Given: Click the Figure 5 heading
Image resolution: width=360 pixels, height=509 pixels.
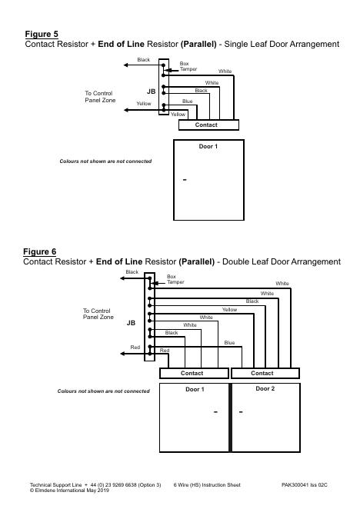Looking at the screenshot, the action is [42, 35].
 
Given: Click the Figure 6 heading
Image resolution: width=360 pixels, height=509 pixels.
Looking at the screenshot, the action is [40, 252].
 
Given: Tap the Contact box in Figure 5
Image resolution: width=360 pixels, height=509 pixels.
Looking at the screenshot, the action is [208, 125].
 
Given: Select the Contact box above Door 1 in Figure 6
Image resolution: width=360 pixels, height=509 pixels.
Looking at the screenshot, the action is [194, 374].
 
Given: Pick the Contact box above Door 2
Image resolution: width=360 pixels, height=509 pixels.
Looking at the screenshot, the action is [265, 374].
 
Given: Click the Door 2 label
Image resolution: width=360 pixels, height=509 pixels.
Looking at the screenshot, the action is [265, 388].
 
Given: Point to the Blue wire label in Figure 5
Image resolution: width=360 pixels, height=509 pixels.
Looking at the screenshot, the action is [188, 101].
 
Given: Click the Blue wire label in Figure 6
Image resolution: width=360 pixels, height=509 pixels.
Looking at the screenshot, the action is [229, 342].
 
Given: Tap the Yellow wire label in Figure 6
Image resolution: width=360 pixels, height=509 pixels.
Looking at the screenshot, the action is [229, 310].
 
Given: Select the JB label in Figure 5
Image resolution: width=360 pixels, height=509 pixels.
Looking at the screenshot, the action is [151, 91].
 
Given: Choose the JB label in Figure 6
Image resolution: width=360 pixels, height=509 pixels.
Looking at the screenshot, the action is [131, 323].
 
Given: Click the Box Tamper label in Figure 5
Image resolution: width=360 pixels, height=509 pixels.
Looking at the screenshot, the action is [188, 66].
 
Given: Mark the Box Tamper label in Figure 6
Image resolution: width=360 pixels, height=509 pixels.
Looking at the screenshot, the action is [175, 279].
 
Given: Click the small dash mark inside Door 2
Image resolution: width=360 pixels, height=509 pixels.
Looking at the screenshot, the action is [241, 412].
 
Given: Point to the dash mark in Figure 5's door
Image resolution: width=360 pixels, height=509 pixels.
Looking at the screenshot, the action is [185, 180].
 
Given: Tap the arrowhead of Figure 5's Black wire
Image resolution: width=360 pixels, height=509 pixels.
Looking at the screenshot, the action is [125, 65].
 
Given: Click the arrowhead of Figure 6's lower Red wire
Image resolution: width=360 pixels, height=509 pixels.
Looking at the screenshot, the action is [122, 354].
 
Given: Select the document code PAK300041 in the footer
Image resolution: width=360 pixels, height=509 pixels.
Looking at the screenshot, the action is [295, 485].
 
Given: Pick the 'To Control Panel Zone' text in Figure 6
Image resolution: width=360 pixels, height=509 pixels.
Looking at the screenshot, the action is [98, 314].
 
